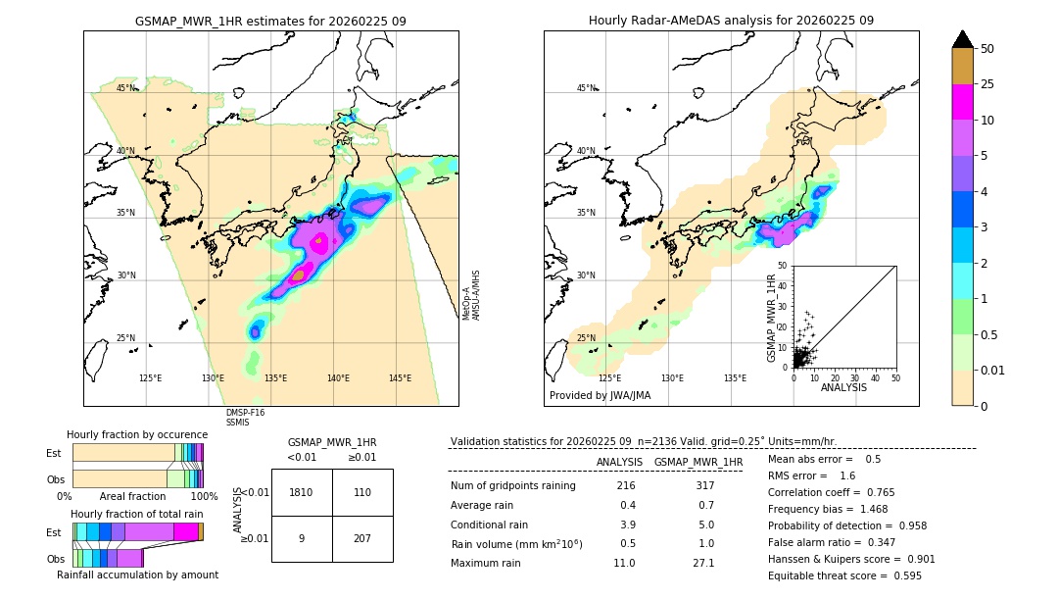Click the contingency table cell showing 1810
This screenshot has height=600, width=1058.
(302, 492)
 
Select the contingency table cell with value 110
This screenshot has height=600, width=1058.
(362, 492)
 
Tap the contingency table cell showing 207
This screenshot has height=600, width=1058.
(362, 538)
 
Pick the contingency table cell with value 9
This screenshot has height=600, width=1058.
(302, 538)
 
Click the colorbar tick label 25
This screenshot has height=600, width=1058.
(988, 84)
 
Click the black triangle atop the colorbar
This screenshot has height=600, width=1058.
(963, 39)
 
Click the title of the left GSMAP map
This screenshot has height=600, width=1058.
(270, 21)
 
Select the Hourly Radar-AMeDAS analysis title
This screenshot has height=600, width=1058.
(731, 21)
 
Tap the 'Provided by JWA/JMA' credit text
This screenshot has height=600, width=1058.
(600, 395)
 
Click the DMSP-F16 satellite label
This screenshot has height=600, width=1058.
(245, 413)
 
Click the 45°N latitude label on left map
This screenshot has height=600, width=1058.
(126, 88)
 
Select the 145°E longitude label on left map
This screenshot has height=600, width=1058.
(400, 378)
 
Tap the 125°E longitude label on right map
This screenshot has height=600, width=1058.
(609, 378)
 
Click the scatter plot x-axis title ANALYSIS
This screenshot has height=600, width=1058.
(843, 387)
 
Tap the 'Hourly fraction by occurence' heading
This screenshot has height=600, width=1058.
(137, 434)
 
